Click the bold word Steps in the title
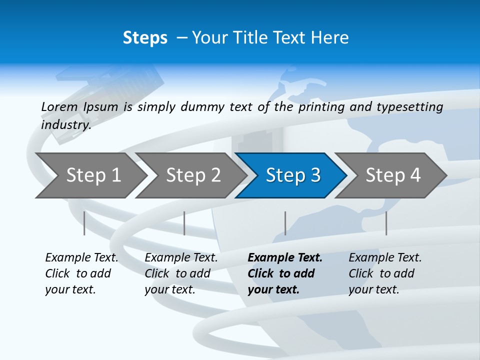(x=145, y=38)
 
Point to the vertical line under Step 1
(x=84, y=223)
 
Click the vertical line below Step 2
(x=184, y=223)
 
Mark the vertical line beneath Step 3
(x=285, y=223)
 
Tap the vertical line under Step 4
(x=386, y=223)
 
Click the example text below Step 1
(x=81, y=273)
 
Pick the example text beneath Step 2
(x=181, y=273)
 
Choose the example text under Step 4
(x=385, y=273)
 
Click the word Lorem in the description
(x=59, y=107)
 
